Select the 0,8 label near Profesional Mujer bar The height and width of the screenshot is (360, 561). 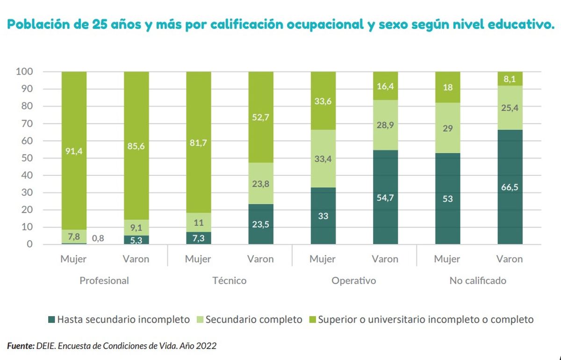point(98,238)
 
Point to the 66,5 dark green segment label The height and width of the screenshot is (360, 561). point(510,187)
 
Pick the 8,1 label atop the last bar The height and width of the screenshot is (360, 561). point(510,79)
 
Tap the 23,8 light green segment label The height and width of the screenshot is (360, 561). point(261,184)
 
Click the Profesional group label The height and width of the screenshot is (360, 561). point(104,281)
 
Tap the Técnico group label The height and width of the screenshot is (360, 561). point(229,281)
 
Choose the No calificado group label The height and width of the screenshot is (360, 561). point(478,281)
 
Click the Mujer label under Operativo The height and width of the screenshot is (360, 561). point(323,259)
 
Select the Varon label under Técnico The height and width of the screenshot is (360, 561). point(260,259)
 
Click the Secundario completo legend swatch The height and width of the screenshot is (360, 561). point(200,320)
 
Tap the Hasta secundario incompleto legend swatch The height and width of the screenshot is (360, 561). point(51,320)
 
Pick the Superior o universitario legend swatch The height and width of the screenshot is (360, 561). point(312,320)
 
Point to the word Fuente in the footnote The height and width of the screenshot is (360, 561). point(20,346)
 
